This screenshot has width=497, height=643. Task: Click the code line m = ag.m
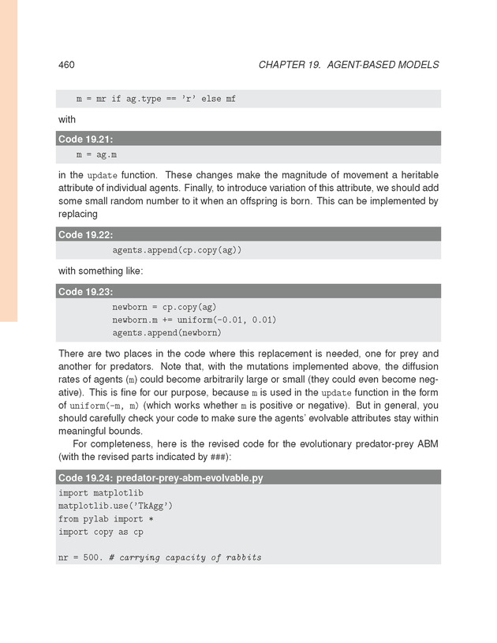point(96,155)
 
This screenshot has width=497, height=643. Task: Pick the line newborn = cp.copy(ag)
point(164,307)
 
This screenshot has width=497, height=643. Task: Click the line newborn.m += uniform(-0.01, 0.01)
point(194,320)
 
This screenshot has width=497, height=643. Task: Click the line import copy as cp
point(101,532)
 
